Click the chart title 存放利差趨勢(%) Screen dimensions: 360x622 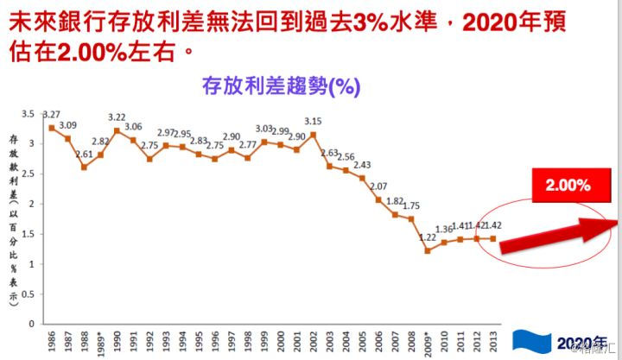click(280, 86)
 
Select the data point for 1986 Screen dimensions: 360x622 click(52, 128)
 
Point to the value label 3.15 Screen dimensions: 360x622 click(313, 121)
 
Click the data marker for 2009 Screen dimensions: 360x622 click(428, 250)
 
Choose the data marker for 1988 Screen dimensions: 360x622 click(85, 167)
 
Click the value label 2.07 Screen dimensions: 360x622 click(378, 186)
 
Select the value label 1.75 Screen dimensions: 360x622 click(411, 205)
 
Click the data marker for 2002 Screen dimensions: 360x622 click(314, 135)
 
